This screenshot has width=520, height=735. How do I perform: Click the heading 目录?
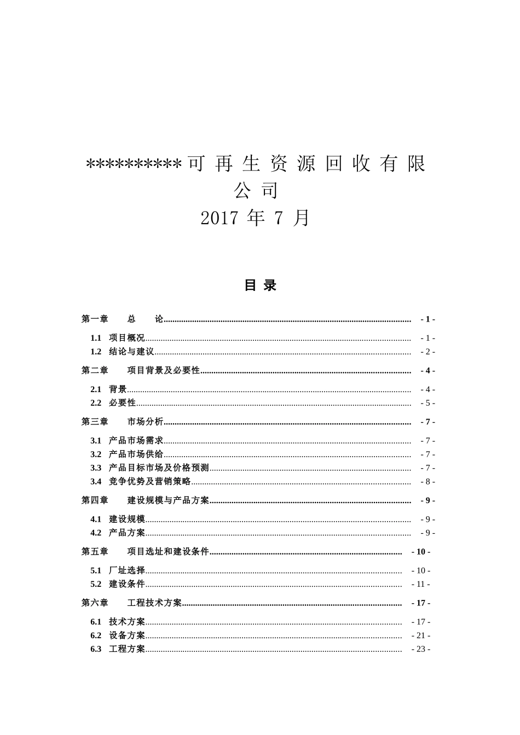click(261, 285)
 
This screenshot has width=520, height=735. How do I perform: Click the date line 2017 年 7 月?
click(256, 218)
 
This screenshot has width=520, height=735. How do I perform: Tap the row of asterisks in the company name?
click(134, 164)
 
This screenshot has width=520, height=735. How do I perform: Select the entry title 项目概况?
click(127, 338)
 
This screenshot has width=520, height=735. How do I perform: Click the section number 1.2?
click(96, 352)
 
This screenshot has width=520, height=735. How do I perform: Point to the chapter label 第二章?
click(95, 371)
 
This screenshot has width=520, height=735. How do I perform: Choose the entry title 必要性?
click(123, 403)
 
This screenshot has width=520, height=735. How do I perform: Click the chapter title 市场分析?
click(145, 422)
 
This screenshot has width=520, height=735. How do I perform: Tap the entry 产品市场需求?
click(136, 441)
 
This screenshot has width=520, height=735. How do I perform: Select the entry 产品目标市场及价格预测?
click(159, 468)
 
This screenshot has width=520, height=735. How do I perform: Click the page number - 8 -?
click(427, 482)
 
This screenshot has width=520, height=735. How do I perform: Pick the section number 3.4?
click(96, 482)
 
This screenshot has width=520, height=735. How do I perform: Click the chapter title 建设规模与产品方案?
click(168, 500)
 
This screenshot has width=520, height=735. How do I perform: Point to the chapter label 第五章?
click(95, 552)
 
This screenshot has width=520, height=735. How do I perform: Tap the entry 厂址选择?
click(127, 570)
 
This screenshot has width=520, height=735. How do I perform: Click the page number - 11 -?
click(420, 584)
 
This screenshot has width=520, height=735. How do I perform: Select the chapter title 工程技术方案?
click(154, 603)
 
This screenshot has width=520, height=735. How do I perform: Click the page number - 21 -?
click(420, 635)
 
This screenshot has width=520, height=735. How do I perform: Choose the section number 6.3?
click(96, 649)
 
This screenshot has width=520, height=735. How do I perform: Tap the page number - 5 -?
click(427, 403)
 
